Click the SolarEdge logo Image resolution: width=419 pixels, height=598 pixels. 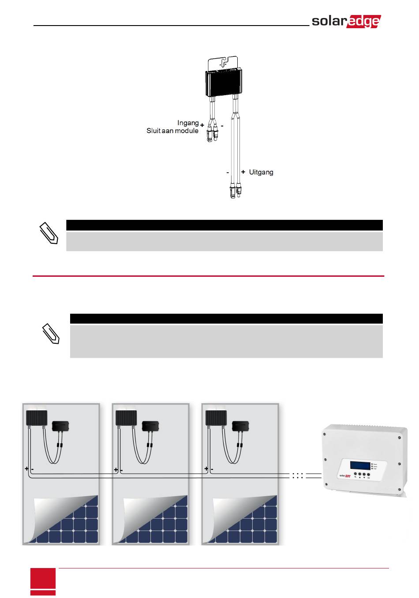click(346, 21)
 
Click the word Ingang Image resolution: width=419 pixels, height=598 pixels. click(188, 123)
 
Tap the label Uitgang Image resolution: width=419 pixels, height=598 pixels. click(261, 172)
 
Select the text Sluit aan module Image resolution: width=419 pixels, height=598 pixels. click(172, 131)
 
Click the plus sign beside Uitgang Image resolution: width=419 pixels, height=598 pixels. click(243, 172)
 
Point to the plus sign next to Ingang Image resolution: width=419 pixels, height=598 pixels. click(202, 126)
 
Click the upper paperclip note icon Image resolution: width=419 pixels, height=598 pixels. click(49, 234)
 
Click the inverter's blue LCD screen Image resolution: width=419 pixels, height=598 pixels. click(360, 465)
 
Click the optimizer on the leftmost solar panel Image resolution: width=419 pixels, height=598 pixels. click(37, 418)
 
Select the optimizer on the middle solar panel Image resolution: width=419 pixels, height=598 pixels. click(126, 418)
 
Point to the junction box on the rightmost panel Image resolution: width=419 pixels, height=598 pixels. click(241, 426)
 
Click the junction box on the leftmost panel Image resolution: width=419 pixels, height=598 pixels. click(61, 426)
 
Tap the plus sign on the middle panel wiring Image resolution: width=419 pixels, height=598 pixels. click(116, 470)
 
